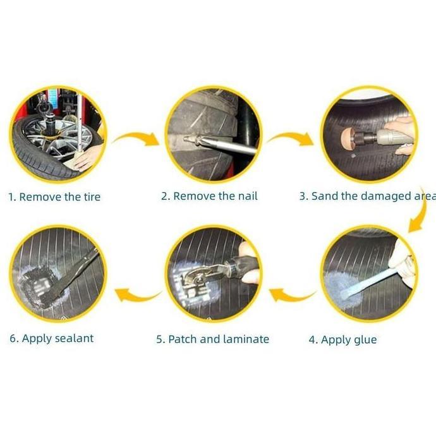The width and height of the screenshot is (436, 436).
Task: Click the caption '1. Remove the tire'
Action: coord(54,197)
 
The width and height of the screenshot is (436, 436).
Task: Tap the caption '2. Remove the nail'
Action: coord(209,196)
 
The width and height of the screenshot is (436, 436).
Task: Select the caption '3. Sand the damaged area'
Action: coord(368,197)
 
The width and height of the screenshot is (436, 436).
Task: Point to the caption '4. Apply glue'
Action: coord(343,340)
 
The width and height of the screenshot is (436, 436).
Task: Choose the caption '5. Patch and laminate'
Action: coord(213,339)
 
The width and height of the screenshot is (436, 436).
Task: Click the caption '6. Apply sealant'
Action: coord(52,339)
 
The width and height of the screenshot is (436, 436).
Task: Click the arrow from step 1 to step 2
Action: coord(136,137)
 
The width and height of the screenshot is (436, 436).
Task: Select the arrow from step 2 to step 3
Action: coord(291,137)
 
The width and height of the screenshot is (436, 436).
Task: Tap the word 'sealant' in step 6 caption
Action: coord(74,339)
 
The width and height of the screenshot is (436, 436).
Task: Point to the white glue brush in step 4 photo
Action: coord(367,284)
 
